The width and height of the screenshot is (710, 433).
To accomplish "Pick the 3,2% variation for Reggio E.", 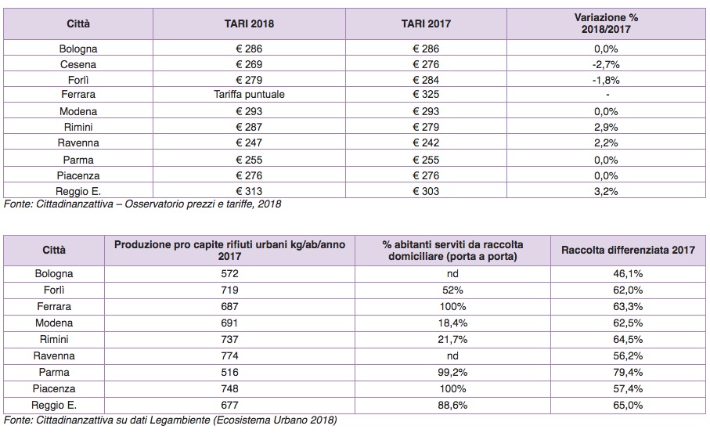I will (606, 191).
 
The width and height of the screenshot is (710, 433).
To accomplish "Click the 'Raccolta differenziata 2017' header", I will (629, 250).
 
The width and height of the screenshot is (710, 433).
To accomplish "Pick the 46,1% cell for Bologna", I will (629, 273).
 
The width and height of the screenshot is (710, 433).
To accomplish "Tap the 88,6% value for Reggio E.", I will (452, 405).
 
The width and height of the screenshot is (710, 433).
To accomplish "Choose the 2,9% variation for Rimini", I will (606, 127).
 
